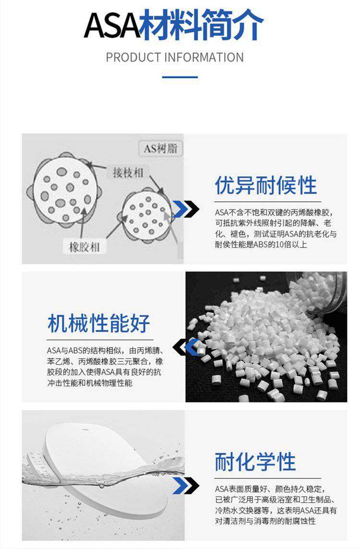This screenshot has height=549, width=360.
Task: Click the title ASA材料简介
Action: coord(174,24)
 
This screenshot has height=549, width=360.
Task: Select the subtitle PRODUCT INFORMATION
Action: coord(175,58)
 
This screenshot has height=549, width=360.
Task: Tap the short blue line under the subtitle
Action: coord(180,77)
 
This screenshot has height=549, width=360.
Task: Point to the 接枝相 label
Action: coord(128,172)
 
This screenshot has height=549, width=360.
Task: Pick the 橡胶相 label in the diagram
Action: coord(84,247)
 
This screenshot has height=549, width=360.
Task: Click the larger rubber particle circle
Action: coord(65,190)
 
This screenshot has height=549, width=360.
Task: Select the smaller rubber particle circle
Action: coord(147,216)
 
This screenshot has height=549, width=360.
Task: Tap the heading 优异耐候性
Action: coord(266,185)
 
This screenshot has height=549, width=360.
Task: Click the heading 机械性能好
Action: coord(99,323)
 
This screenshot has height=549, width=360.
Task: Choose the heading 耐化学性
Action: coord(255,462)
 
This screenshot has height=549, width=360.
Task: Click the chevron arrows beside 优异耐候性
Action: coord(186,209)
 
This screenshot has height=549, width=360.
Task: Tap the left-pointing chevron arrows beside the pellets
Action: coord(186,347)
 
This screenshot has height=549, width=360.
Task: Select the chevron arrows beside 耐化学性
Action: coord(186,486)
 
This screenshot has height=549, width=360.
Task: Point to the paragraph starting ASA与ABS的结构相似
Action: coord(105,366)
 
